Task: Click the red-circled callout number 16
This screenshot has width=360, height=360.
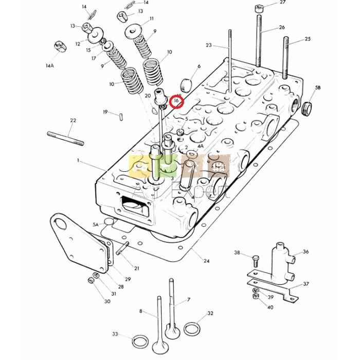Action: (176, 101)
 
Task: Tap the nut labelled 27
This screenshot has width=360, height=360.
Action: (258, 9)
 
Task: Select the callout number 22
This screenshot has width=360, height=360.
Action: (73, 120)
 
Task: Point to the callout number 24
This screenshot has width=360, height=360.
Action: (206, 261)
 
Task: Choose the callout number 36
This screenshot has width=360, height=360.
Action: (305, 251)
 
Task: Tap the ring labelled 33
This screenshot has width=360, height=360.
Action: (139, 341)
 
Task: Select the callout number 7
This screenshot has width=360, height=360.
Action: (189, 299)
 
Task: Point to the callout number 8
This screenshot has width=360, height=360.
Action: (140, 311)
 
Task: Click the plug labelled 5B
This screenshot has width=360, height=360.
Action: (308, 108)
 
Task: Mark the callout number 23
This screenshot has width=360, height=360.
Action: (208, 45)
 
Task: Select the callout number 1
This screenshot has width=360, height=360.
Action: (78, 160)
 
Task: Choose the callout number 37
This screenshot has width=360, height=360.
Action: (305, 283)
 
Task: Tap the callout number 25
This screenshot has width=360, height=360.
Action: (308, 39)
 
